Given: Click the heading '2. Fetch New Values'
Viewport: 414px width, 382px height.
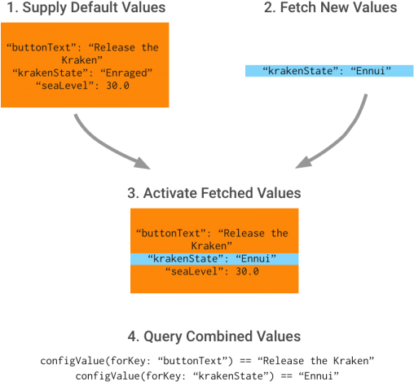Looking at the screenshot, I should (331, 8).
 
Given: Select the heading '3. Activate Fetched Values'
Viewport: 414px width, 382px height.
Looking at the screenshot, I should (214, 194).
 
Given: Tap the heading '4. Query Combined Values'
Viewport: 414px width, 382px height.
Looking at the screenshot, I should (214, 336).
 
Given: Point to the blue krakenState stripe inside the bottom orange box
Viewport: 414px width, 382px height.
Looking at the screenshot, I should (214, 259).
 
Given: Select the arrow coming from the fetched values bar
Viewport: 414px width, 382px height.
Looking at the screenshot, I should (330, 138).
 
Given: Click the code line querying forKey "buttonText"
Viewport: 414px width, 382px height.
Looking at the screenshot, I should (207, 360).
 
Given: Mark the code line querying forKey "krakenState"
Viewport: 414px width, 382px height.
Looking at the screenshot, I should (207, 375).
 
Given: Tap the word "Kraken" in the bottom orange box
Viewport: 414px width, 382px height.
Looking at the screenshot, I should (214, 245).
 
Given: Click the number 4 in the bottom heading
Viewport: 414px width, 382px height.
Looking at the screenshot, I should (132, 336).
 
